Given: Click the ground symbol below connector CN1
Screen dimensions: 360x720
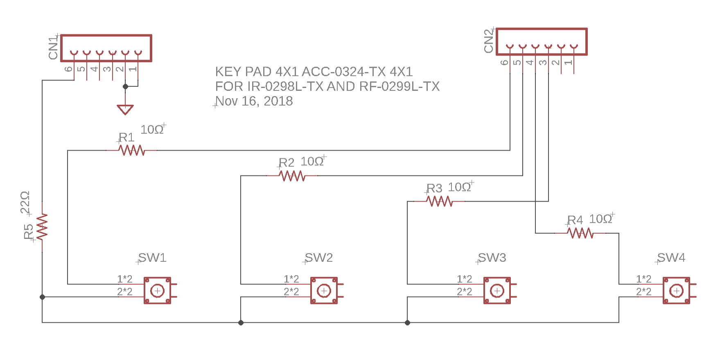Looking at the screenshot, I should tap(125, 109).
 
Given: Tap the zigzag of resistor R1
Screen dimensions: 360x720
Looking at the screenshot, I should tap(132, 150).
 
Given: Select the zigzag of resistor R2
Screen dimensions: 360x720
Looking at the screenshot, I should tap(292, 176).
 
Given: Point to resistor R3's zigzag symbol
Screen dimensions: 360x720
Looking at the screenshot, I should tap(439, 201).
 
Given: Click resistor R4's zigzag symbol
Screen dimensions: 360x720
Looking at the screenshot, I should tap(580, 233).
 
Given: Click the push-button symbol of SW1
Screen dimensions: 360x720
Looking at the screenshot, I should tap(158, 290).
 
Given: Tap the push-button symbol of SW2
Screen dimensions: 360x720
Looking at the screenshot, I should tap(324, 290).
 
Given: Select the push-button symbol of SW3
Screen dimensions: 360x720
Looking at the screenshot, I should tap(497, 290).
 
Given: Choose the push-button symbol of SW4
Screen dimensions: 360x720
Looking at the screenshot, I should tap(676, 290).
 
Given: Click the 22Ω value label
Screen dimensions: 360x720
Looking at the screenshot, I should tap(25, 202).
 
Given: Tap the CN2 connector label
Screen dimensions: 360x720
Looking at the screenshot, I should tap(489, 41).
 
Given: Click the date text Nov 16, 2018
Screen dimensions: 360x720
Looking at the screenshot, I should tap(254, 101).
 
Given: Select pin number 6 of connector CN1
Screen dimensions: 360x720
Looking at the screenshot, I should tap(69, 69).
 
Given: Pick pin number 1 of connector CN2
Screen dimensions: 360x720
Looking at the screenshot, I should tap(568, 62).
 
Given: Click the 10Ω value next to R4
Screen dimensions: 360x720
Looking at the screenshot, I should tap(600, 219).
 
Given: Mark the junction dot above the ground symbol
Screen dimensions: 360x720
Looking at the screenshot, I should tap(126, 86).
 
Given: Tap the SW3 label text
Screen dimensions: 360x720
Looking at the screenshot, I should tap(492, 258).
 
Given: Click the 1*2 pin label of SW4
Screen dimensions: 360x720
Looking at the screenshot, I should tap(643, 279).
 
